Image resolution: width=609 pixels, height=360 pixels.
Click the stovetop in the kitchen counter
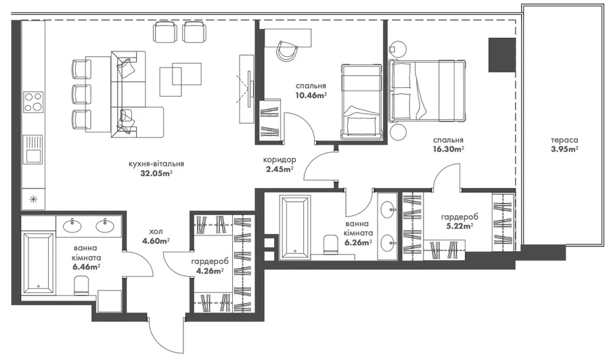pyautogui.click(x=33, y=102)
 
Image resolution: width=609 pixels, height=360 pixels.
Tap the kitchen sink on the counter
pyautogui.click(x=33, y=149)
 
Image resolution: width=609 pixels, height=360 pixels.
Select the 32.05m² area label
pyautogui.click(x=156, y=174)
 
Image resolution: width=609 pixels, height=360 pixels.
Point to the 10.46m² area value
pyautogui.click(x=311, y=95)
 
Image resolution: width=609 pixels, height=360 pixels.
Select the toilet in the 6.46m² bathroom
pyautogui.click(x=82, y=286)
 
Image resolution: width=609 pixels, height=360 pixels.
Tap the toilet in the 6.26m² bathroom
pyautogui.click(x=332, y=244)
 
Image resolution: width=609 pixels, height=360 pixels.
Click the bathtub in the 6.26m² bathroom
pyautogui.click(x=295, y=227)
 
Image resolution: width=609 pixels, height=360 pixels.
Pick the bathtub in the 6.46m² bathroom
pyautogui.click(x=38, y=263)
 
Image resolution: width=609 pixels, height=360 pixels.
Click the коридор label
pyautogui.click(x=279, y=160)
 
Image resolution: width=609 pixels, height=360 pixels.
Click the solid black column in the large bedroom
pyautogui.click(x=502, y=55)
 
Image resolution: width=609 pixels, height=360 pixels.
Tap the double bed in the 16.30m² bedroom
pyautogui.click(x=427, y=91)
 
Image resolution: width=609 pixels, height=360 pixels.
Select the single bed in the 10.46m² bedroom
pyautogui.click(x=361, y=102)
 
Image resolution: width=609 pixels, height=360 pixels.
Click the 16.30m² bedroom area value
pyautogui.click(x=449, y=149)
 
